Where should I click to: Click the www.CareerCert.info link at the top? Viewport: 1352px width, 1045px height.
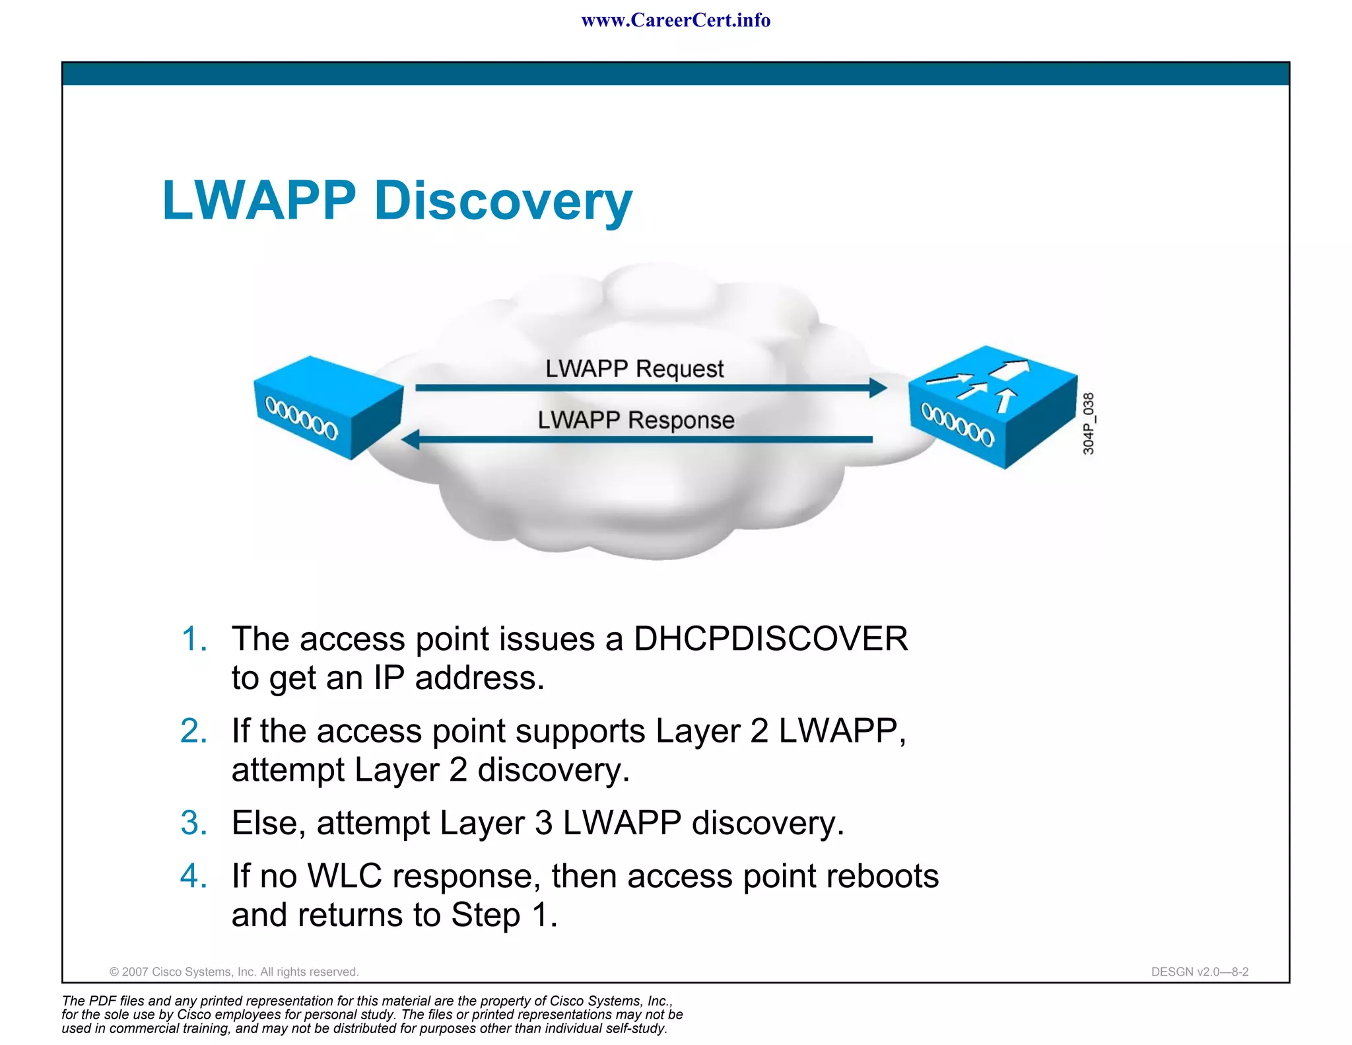click(675, 20)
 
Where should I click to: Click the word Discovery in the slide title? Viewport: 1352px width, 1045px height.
click(503, 201)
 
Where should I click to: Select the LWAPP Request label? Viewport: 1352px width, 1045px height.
click(634, 369)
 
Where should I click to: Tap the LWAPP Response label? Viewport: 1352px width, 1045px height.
click(636, 420)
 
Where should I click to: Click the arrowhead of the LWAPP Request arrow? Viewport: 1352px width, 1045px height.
click(878, 388)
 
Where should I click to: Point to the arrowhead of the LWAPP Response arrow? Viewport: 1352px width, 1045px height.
click(411, 439)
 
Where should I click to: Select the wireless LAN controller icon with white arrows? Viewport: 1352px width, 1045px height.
click(992, 406)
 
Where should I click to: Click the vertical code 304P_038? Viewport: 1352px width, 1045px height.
click(1089, 423)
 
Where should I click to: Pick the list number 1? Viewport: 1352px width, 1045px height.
click(193, 639)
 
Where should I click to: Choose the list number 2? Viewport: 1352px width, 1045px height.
click(193, 731)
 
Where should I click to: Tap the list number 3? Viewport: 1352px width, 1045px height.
click(193, 823)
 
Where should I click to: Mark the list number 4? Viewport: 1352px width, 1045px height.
click(193, 876)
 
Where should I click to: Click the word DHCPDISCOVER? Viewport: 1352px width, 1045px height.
click(770, 639)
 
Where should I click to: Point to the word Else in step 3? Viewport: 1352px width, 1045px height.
click(268, 823)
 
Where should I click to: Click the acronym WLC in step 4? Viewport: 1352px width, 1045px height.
click(345, 876)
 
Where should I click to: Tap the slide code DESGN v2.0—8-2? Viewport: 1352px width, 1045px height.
click(1200, 972)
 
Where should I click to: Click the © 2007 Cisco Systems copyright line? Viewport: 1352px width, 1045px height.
click(234, 972)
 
